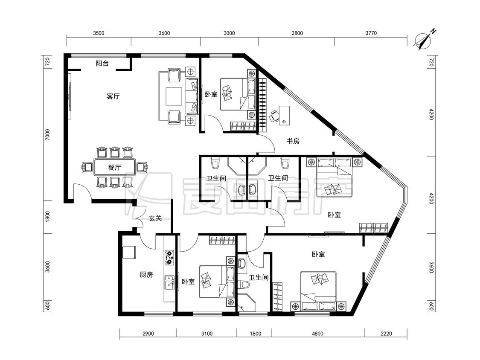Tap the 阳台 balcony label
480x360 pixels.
(x=102, y=64)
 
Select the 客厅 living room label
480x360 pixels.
(x=113, y=96)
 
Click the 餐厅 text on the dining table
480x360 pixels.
(x=114, y=168)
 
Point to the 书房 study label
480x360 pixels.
(x=293, y=141)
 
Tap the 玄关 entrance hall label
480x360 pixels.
(x=155, y=218)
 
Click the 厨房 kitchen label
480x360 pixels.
(x=146, y=275)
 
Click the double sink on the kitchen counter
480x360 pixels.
(x=169, y=282)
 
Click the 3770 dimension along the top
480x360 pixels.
(x=371, y=33)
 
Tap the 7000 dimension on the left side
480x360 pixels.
(x=47, y=135)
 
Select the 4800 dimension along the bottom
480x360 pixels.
(x=317, y=334)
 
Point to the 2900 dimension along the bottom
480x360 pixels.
(x=148, y=334)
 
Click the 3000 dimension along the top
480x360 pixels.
(x=229, y=33)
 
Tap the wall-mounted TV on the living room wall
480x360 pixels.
(x=70, y=96)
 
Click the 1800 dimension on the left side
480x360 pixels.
(x=47, y=217)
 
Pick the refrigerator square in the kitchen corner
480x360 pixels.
(x=129, y=253)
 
